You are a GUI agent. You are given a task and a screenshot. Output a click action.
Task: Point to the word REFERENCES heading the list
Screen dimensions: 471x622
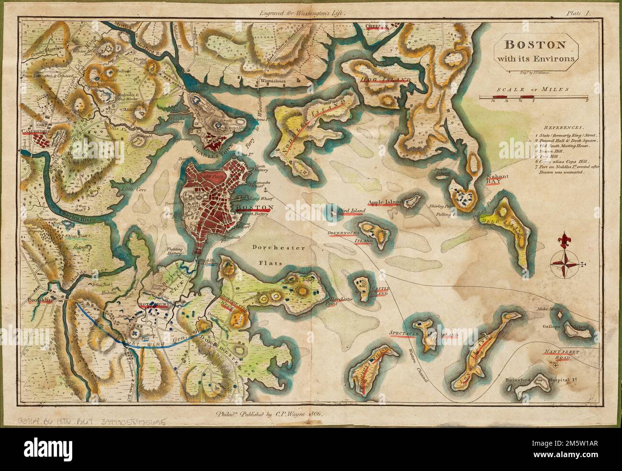point(567,128)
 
